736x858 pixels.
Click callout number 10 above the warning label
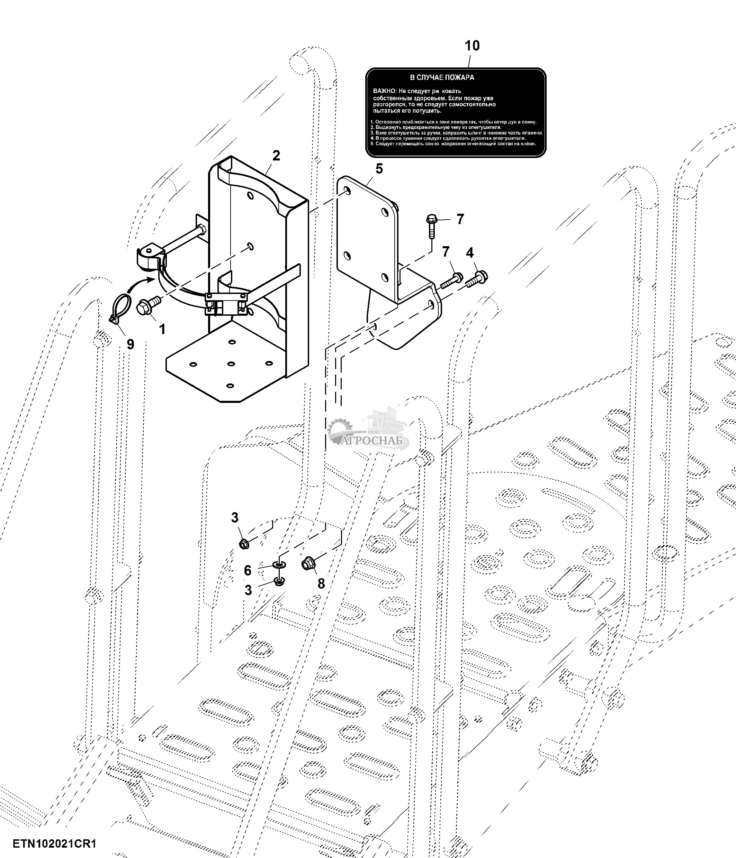472,46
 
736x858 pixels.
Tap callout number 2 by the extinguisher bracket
276,156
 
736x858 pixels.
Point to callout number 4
469,252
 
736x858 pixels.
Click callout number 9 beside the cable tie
130,344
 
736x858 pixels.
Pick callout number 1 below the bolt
162,329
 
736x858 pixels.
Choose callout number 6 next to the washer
248,571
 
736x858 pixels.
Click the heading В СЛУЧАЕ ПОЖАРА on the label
442,77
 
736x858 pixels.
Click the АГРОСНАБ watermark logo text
374,441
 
